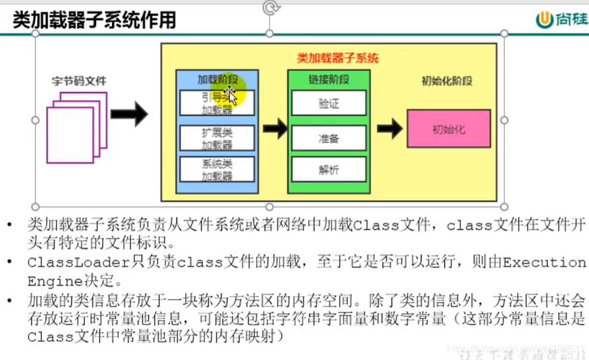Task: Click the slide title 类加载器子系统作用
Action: pos(94,20)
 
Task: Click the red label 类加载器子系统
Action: pos(337,58)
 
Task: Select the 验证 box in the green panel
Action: pos(329,103)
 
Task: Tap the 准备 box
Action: pos(329,138)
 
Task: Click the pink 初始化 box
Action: pos(449,129)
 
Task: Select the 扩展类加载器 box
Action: pos(217,138)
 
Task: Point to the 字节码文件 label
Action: pos(79,81)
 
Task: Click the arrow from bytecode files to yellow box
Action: pos(129,114)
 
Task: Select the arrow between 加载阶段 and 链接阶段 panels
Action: pos(275,128)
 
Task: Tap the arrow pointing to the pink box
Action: pos(389,128)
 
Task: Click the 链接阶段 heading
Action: pos(329,79)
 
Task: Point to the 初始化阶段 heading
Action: pos(447,81)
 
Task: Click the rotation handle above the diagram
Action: pos(270,8)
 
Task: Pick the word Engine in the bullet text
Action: pos(48,282)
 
